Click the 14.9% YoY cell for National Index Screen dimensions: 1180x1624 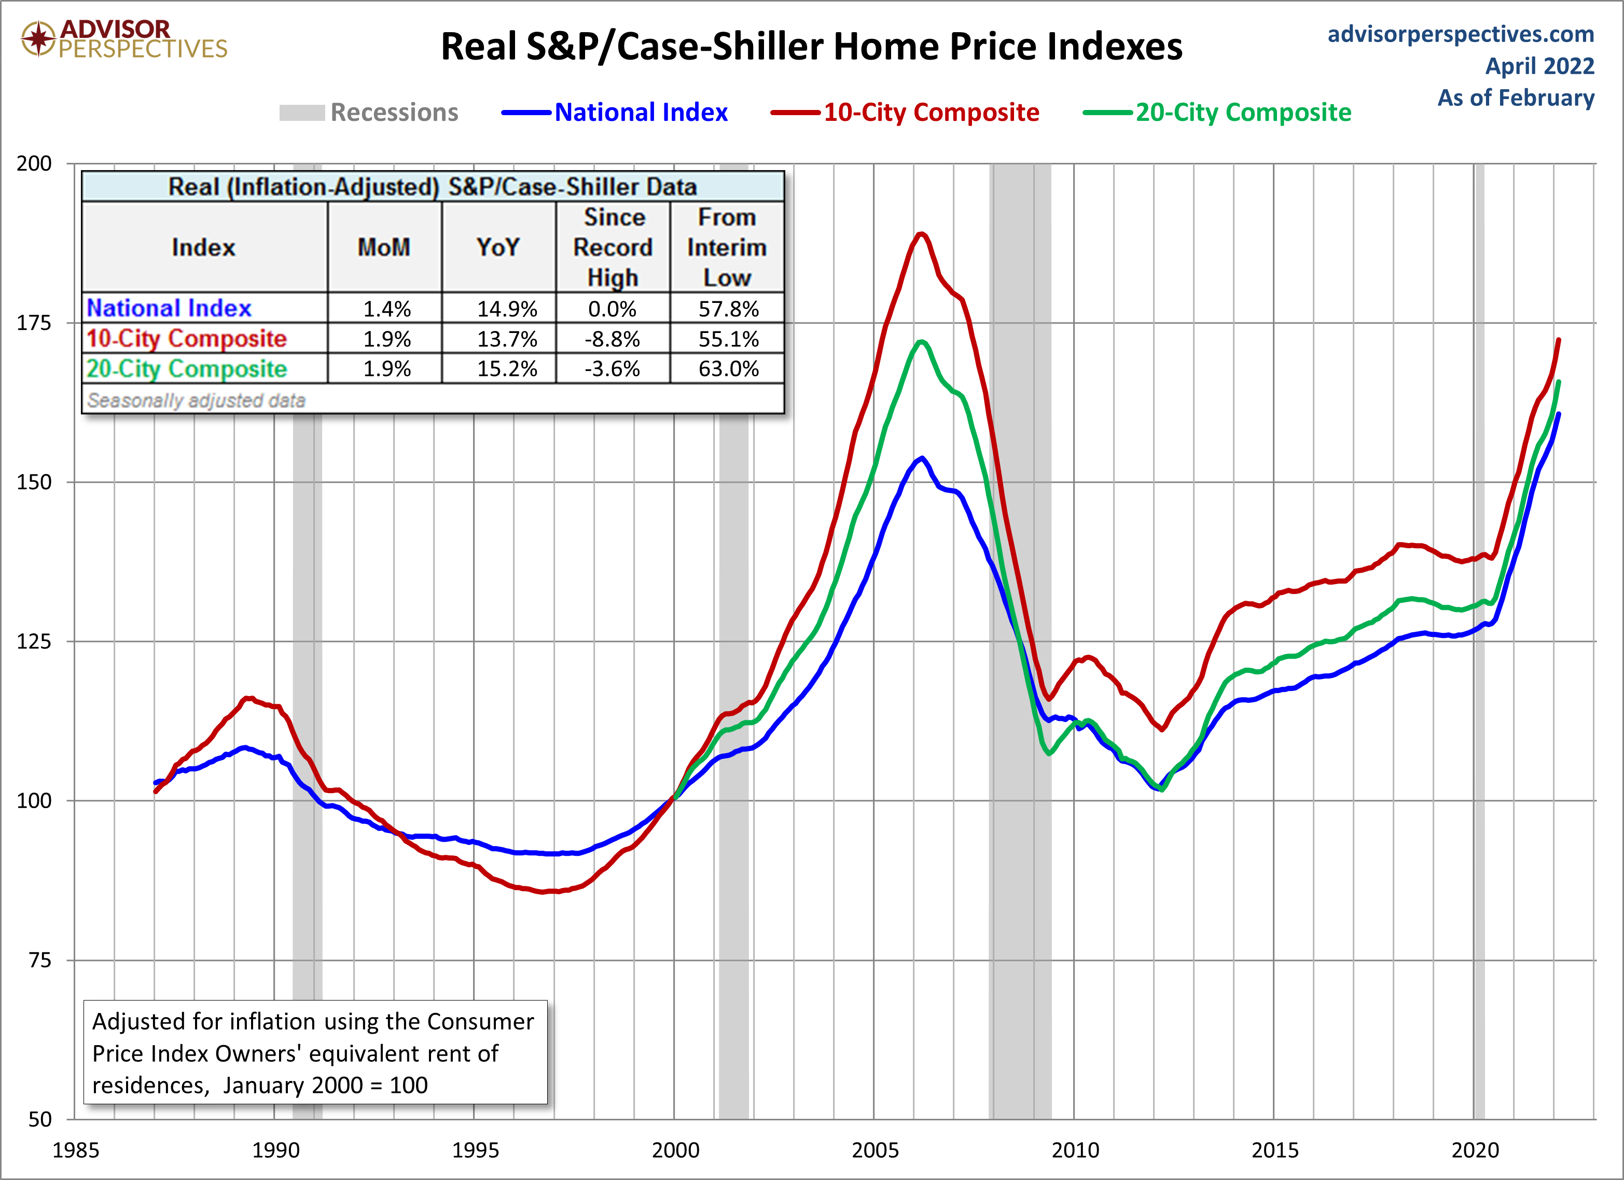(506, 309)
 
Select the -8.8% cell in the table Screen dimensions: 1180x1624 (612, 339)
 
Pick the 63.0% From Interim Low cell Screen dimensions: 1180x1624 (728, 369)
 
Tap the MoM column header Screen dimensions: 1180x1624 (384, 247)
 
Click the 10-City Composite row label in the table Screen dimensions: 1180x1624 (187, 339)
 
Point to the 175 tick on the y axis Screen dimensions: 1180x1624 (34, 323)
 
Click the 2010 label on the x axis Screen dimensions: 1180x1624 (1074, 1150)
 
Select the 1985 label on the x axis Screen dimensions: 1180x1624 (75, 1150)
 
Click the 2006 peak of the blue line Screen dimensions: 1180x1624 (922, 458)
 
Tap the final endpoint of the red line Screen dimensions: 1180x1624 (1559, 340)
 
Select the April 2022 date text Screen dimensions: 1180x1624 (1539, 66)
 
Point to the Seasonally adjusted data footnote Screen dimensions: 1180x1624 (196, 400)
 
